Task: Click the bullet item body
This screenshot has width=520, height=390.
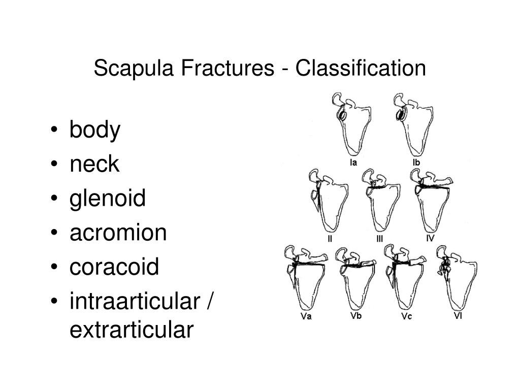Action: pos(95,131)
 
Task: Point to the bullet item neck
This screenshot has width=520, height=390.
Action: pos(94,164)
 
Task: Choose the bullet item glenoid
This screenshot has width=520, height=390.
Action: pos(108,198)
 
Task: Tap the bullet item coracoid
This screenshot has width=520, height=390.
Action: pos(114,266)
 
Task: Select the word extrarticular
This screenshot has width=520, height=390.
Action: pos(132,330)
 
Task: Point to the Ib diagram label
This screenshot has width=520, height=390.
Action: pos(416,162)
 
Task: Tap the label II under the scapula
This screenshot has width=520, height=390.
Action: pos(330,239)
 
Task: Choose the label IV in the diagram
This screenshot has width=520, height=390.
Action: pos(430,238)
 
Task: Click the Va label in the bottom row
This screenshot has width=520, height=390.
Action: pos(306,317)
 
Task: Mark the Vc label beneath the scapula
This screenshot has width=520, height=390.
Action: pos(406,317)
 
